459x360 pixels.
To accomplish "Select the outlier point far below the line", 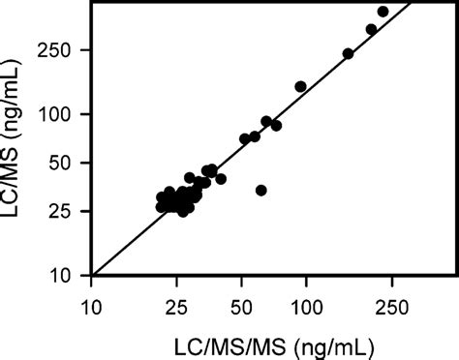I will pos(260,190).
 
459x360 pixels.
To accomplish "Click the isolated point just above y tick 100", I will pos(300,87).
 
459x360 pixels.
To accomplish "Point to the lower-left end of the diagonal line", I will pos(92,275).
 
